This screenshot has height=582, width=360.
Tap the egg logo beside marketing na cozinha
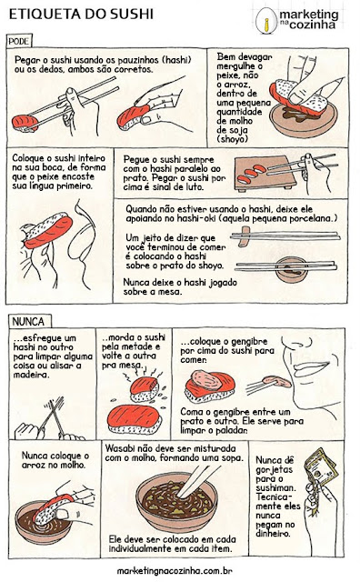[266, 21]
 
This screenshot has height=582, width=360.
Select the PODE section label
[19, 41]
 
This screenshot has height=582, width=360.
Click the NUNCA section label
[28, 321]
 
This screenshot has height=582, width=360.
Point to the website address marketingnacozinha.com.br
[175, 570]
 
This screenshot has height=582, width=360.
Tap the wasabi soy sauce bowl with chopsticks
[176, 499]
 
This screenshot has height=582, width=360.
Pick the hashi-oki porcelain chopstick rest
[245, 236]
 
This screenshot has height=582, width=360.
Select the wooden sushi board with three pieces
[265, 174]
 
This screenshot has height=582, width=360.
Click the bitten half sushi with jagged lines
[145, 389]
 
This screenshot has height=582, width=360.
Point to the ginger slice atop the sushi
[207, 380]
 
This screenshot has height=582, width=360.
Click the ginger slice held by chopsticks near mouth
[277, 381]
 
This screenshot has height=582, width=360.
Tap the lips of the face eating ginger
[310, 367]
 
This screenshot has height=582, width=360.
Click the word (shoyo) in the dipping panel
[233, 139]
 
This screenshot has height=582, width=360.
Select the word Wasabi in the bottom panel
[118, 448]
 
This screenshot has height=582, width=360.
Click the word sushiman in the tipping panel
[275, 487]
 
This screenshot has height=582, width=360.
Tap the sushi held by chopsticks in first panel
[25, 124]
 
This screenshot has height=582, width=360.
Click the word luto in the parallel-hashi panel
[195, 187]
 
